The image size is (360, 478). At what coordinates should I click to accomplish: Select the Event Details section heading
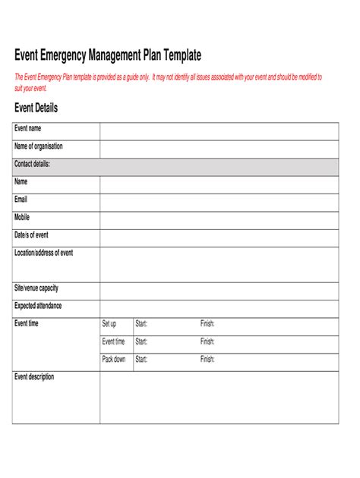[36, 108]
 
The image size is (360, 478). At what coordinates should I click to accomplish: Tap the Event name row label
[28, 128]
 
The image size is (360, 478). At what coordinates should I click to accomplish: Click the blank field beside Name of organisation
[219, 149]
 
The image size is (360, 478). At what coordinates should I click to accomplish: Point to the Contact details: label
[33, 164]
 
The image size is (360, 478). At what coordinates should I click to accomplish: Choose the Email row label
[21, 199]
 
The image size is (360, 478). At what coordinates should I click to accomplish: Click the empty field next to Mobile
[219, 220]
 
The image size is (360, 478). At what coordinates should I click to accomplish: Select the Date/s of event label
[31, 234]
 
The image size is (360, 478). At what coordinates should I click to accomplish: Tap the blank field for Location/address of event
[219, 264]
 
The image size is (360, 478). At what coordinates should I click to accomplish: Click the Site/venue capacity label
[36, 288]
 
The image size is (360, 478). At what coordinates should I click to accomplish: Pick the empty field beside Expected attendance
[219, 308]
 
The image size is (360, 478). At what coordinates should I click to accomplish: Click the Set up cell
[109, 324]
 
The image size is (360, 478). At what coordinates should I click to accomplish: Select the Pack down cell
[114, 360]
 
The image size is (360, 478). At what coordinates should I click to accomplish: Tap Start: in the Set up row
[141, 324]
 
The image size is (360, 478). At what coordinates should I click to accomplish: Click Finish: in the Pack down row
[207, 360]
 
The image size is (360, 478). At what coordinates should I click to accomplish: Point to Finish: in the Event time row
[207, 341]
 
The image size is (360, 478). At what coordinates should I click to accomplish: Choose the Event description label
[34, 376]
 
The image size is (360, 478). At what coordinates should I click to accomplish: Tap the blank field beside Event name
[219, 131]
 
